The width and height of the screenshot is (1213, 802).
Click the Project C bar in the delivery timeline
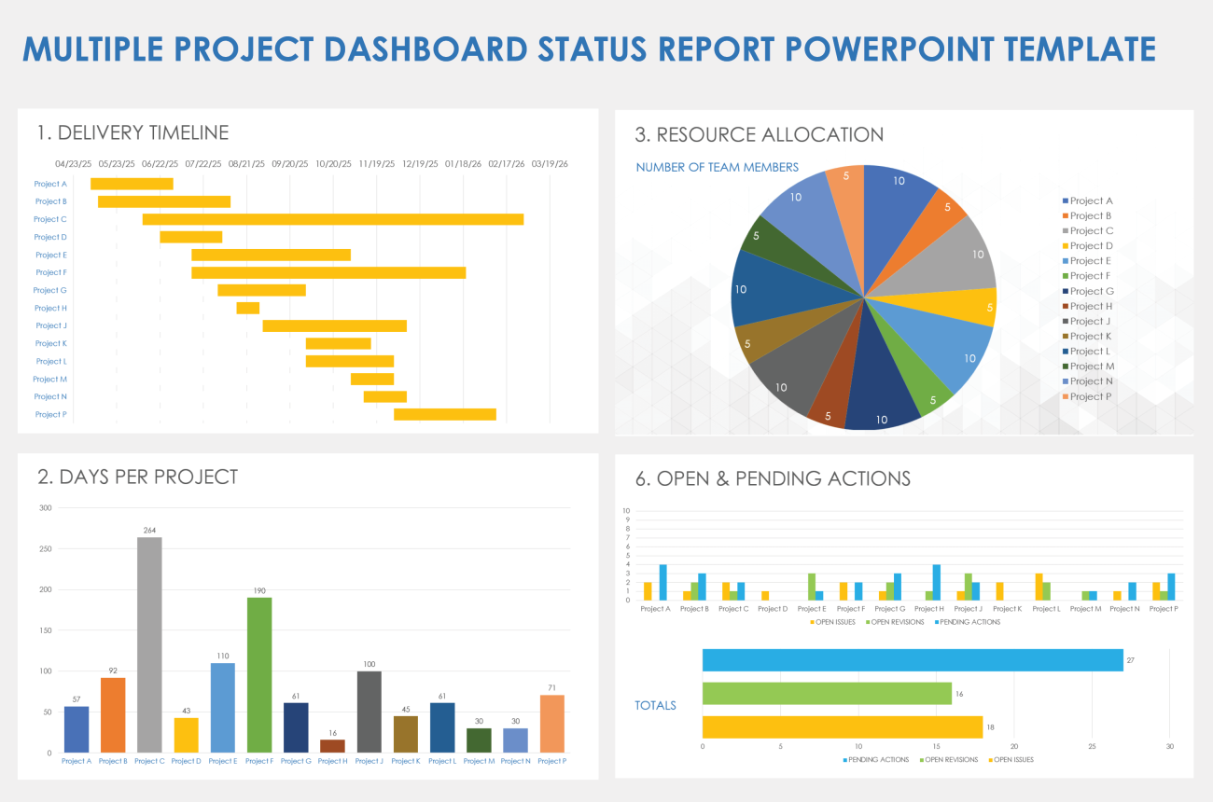(332, 219)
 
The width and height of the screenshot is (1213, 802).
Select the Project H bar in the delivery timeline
(247, 308)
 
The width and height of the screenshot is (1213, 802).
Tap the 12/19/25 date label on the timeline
(420, 164)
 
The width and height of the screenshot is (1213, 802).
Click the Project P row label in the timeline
(50, 414)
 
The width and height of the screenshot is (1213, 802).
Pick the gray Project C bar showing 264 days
(149, 643)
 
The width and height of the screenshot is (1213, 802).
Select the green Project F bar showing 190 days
(259, 673)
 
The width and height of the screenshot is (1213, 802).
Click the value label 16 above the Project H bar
(332, 734)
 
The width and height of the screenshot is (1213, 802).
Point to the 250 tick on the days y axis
(46, 548)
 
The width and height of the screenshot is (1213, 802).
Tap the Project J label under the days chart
(369, 761)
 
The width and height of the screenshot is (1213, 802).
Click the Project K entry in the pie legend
(1090, 336)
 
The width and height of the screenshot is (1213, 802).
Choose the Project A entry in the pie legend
(1090, 200)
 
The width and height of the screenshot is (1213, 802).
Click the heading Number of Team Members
(717, 167)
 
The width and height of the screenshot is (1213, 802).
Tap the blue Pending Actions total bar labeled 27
(912, 660)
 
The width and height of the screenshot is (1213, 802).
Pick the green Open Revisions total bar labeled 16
(826, 693)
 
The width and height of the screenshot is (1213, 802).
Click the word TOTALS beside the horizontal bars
(656, 705)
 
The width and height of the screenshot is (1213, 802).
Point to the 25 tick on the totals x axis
(1092, 746)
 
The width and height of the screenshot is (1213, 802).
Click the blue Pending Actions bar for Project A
(662, 582)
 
